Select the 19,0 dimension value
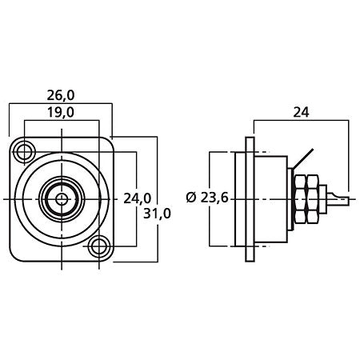60,113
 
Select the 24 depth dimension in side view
301,113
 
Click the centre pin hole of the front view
61,198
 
